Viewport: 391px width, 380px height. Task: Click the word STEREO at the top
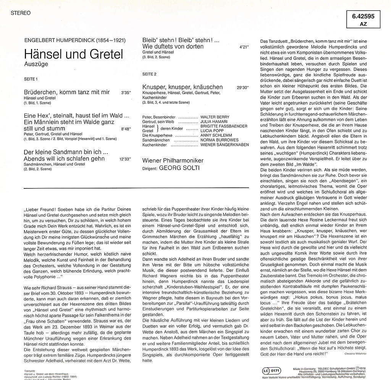pyautogui.click(x=21, y=13)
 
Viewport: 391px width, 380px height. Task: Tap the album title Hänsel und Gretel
pyautogui.click(x=74, y=54)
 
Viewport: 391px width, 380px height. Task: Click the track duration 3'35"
pyautogui.click(x=126, y=93)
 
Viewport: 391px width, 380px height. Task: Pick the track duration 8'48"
pyautogui.click(x=126, y=130)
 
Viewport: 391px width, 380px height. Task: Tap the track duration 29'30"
pyautogui.click(x=242, y=88)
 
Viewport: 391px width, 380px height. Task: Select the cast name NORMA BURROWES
pyautogui.click(x=220, y=140)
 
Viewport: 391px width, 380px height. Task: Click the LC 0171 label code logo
pyautogui.click(x=272, y=370)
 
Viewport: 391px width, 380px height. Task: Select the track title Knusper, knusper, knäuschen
pyautogui.click(x=183, y=87)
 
